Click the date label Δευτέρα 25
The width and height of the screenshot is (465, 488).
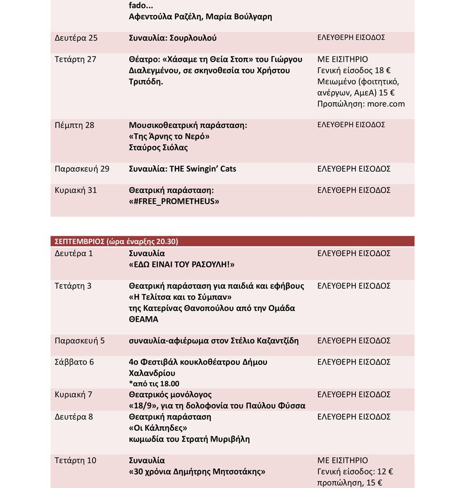click(x=76, y=38)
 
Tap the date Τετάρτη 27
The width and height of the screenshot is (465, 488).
click(x=75, y=60)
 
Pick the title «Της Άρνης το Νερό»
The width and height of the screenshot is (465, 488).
click(x=169, y=136)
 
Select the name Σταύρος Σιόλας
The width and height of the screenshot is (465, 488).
click(x=158, y=148)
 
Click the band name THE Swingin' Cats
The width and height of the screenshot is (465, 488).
click(x=206, y=169)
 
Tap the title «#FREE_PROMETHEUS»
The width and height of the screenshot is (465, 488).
click(x=174, y=201)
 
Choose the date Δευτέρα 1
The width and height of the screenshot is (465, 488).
click(x=74, y=254)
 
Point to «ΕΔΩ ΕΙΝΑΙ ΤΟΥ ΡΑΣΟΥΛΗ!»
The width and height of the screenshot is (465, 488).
click(x=181, y=264)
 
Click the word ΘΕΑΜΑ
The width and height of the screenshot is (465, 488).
click(x=144, y=319)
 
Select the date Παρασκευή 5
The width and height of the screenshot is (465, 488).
click(x=80, y=341)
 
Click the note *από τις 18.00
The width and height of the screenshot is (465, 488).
click(x=154, y=384)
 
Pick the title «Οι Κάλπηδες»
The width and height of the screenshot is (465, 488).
click(x=158, y=427)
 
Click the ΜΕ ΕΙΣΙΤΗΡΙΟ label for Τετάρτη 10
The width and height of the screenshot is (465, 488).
click(x=343, y=461)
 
